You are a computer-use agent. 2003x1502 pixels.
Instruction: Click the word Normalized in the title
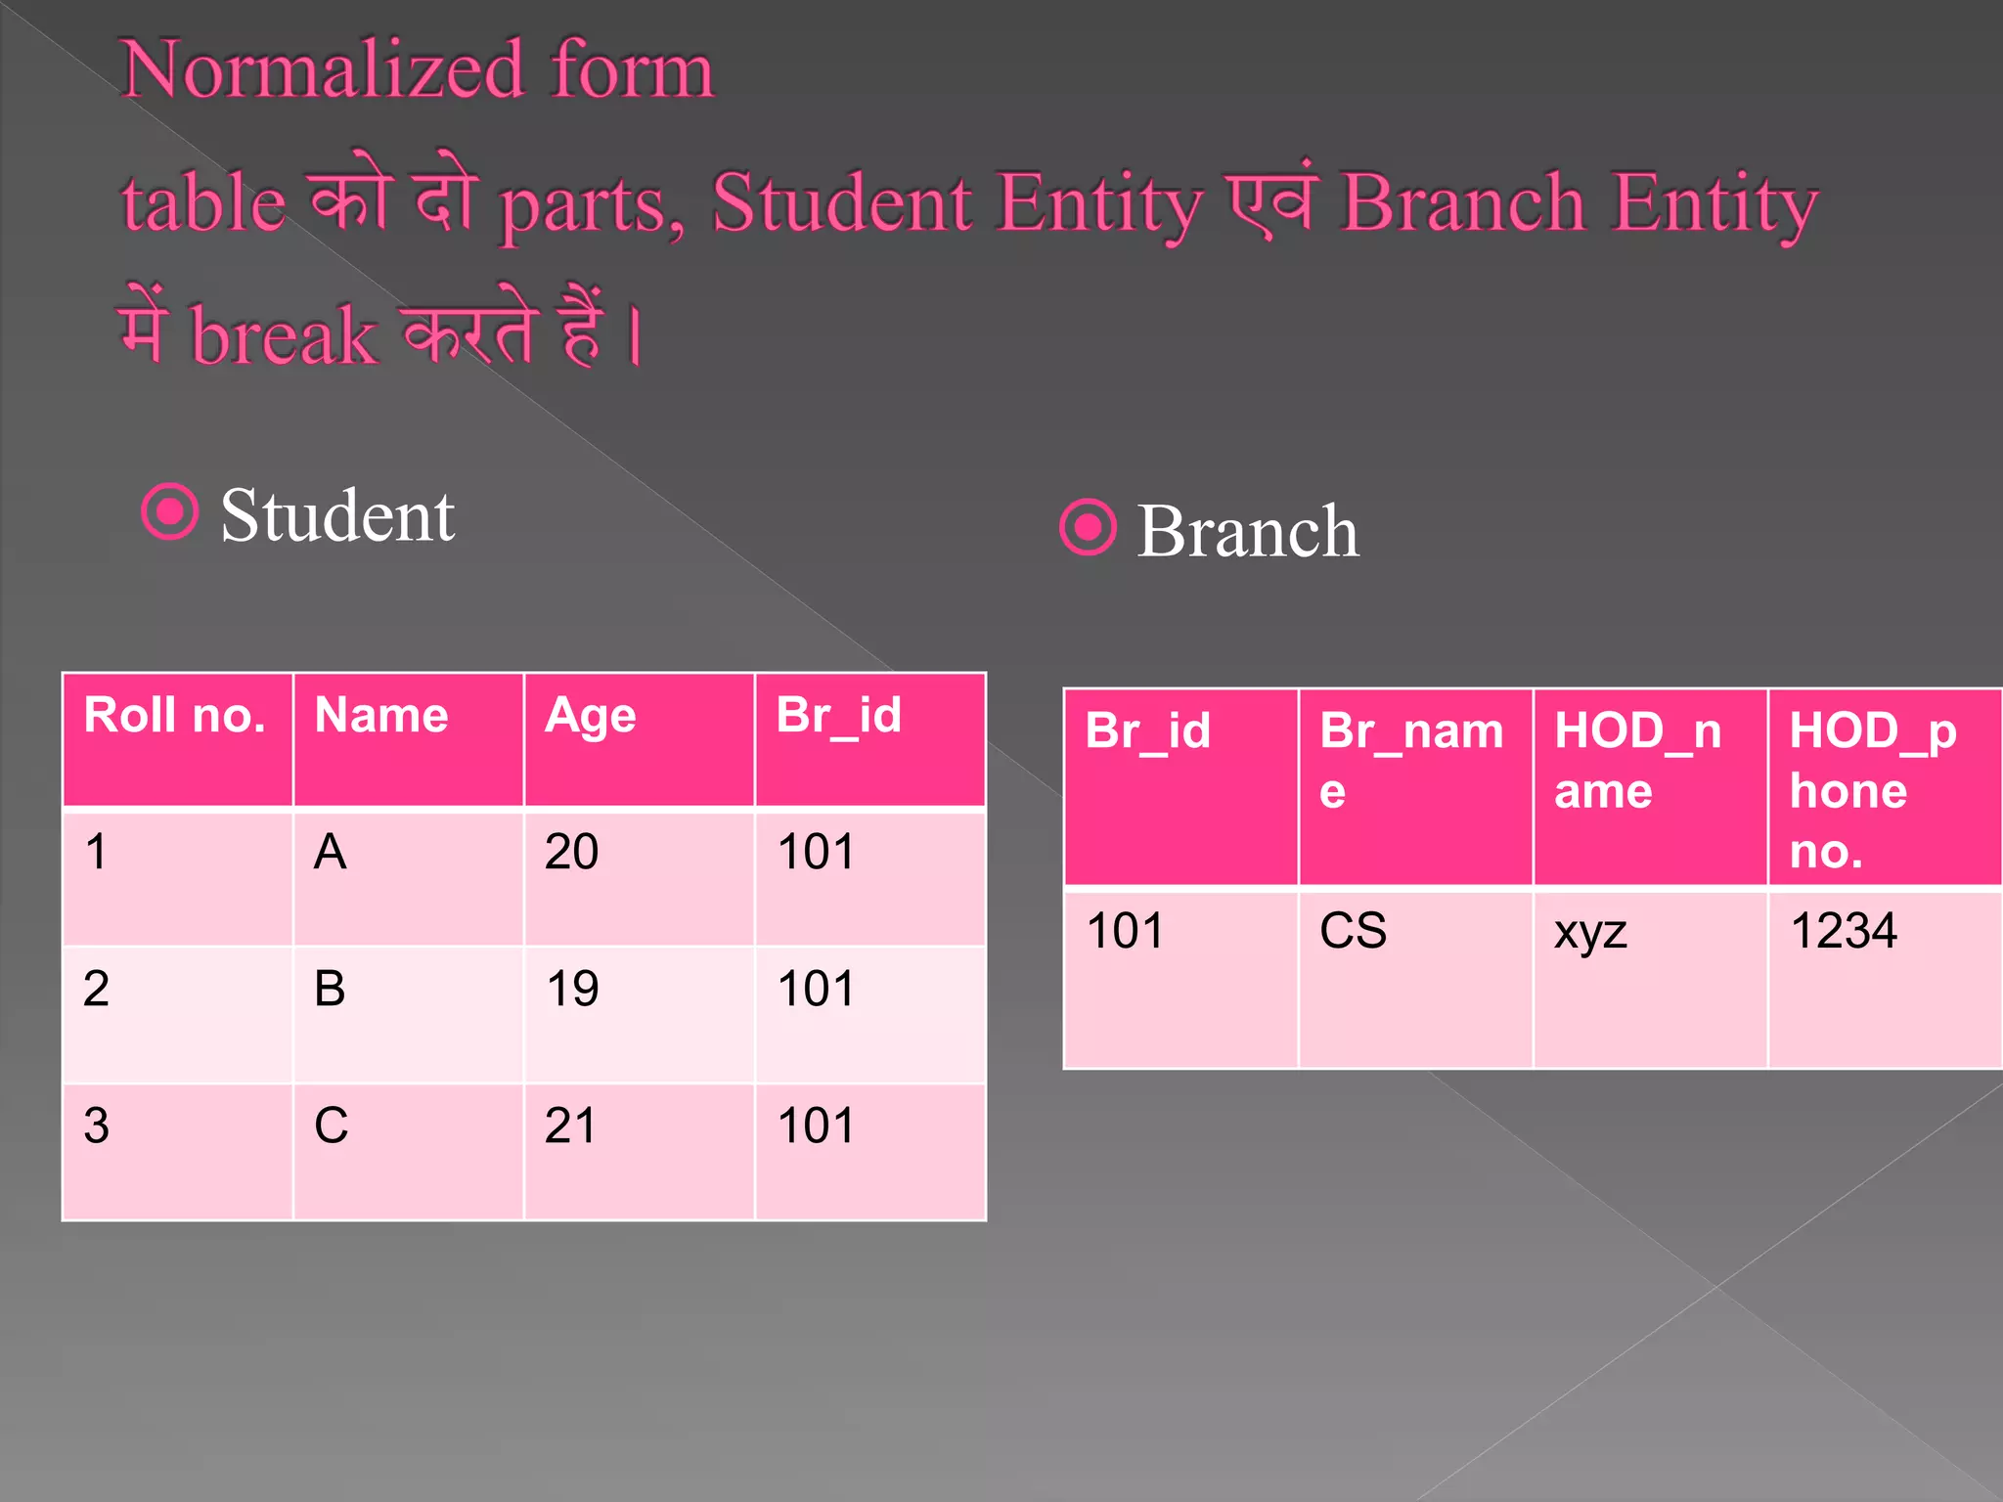(324, 70)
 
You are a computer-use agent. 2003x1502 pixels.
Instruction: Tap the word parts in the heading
(591, 203)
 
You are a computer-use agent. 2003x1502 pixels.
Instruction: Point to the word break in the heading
(284, 335)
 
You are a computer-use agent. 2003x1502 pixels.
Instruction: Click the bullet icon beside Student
(170, 511)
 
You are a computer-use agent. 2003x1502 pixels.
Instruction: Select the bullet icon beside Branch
(1088, 528)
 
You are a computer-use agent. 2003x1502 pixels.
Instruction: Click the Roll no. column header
(175, 716)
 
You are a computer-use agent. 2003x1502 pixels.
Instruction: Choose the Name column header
(381, 716)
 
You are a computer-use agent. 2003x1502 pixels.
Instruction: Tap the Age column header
(591, 716)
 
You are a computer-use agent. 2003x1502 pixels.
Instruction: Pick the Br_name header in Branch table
(1411, 760)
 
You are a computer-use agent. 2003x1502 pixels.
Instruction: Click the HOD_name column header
(1638, 760)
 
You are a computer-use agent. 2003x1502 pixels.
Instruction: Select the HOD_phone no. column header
(1872, 790)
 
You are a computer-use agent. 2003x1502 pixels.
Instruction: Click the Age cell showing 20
(572, 852)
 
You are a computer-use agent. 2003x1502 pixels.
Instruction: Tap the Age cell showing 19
(572, 989)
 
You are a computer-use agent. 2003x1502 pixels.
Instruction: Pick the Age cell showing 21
(571, 1126)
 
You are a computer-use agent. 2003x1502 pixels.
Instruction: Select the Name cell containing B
(331, 989)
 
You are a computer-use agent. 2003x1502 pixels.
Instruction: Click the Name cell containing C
(332, 1126)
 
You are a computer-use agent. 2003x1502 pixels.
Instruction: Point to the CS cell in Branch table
(1353, 930)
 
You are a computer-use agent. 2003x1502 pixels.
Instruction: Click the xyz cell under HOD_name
(1590, 932)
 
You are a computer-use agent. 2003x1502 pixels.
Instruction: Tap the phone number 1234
(1844, 930)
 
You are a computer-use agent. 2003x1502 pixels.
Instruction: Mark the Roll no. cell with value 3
(97, 1126)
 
